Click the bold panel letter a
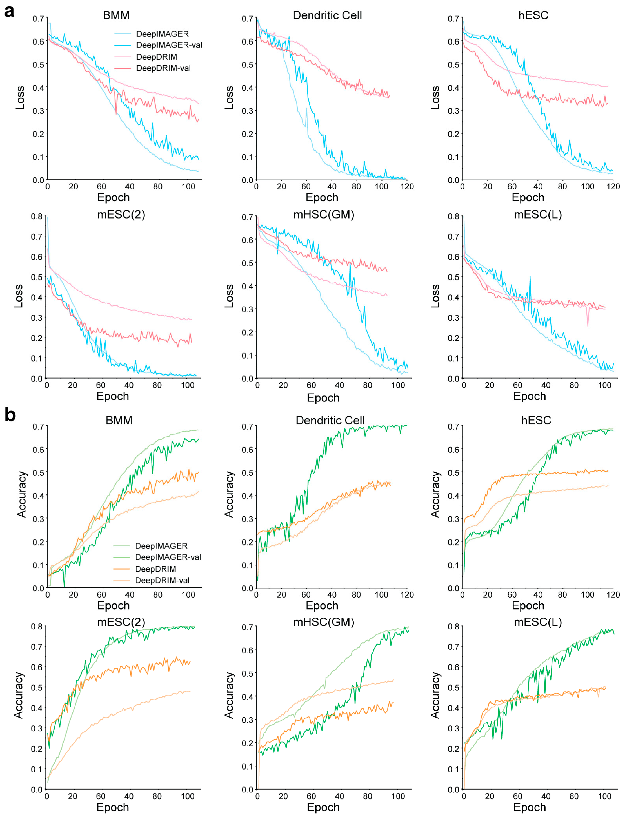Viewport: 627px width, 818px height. click(9, 11)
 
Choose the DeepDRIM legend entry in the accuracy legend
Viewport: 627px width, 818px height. click(155, 569)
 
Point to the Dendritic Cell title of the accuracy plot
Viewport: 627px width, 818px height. click(330, 420)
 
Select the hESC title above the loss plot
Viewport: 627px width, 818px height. click(533, 15)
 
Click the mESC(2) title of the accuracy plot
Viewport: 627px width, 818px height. click(121, 622)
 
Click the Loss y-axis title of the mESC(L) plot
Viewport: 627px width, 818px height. click(435, 296)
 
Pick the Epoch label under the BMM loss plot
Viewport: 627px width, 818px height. click(114, 198)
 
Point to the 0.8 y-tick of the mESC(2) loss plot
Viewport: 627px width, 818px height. click(37, 217)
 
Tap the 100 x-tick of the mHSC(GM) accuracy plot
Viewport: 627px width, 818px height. click(398, 796)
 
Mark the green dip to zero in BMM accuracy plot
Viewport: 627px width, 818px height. click(64, 586)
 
